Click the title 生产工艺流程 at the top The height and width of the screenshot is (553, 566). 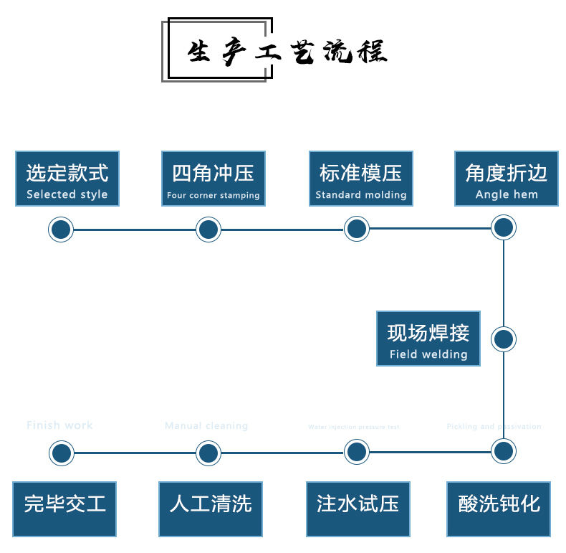click(287, 52)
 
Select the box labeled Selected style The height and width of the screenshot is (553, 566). click(67, 179)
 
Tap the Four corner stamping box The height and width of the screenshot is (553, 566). click(214, 179)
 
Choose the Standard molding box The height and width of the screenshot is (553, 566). click(361, 179)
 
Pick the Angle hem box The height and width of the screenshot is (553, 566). click(507, 179)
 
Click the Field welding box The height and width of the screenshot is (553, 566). click(428, 339)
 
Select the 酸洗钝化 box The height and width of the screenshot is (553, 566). click(499, 509)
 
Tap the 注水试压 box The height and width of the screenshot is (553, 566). click(358, 509)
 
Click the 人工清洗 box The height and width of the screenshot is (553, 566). click(211, 509)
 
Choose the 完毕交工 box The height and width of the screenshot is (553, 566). click(65, 509)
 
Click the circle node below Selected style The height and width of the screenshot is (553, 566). click(61, 230)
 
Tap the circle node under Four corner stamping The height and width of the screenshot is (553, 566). click(208, 230)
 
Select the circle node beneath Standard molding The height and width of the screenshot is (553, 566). click(356, 230)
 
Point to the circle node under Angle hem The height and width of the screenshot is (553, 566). click(504, 228)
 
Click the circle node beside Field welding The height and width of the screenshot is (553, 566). click(504, 339)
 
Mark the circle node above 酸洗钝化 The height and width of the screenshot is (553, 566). click(504, 451)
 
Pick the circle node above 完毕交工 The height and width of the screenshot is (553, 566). click(62, 453)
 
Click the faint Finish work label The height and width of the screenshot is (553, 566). click(59, 425)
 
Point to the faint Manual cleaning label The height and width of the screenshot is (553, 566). click(206, 426)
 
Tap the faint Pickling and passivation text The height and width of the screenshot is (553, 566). click(494, 427)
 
